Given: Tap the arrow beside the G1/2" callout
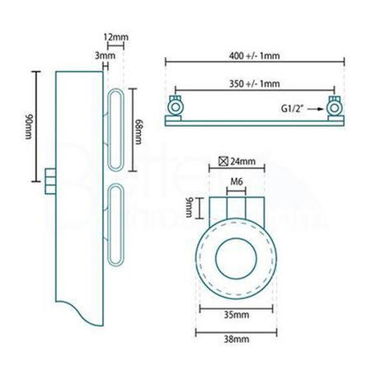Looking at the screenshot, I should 317,108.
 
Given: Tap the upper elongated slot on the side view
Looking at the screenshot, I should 115,127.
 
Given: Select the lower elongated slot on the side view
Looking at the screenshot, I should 115,219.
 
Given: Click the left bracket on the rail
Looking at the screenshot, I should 176,107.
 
